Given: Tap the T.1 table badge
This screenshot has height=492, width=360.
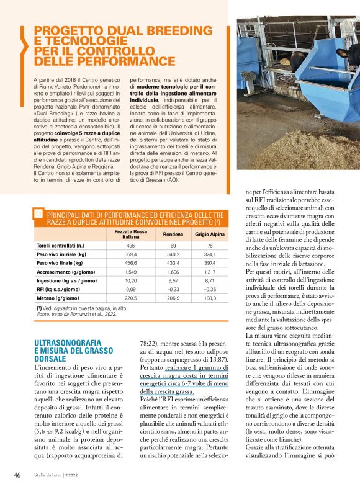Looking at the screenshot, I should tap(38, 213).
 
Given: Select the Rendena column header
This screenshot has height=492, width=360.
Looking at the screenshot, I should tap(173, 234).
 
